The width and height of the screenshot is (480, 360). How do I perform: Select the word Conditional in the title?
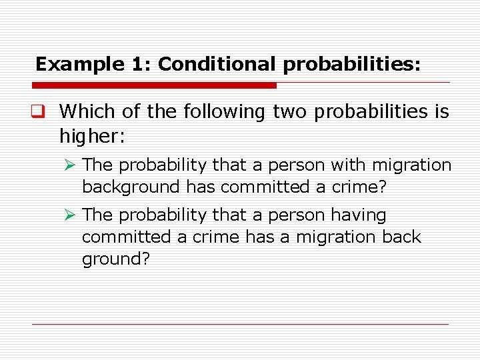click(217, 64)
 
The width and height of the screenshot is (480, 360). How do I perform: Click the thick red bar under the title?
click(154, 85)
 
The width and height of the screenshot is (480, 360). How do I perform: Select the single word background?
click(131, 187)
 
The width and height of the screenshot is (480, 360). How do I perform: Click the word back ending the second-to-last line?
click(403, 237)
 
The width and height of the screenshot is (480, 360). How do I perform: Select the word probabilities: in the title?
click(351, 64)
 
